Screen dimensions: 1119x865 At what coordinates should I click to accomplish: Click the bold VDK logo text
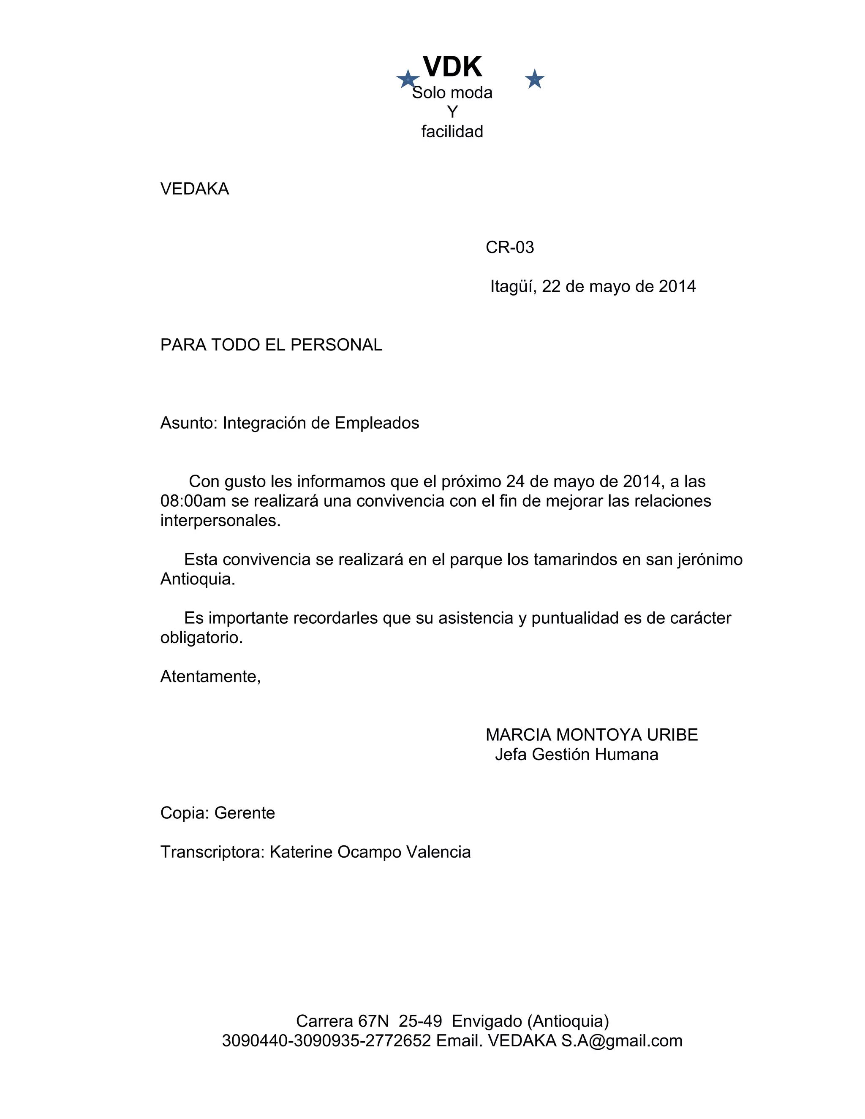[x=452, y=67]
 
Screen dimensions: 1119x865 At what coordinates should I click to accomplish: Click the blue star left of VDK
[x=408, y=79]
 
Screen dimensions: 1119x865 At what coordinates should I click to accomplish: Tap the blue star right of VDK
[x=534, y=79]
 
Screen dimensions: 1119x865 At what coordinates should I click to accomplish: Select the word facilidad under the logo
[x=452, y=132]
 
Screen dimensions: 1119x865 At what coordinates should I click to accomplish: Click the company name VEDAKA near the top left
[x=194, y=189]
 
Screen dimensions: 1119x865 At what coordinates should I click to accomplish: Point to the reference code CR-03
[x=509, y=247]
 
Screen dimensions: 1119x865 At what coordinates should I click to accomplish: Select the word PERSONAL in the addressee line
[x=336, y=345]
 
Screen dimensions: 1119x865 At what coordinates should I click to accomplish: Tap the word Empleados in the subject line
[x=377, y=423]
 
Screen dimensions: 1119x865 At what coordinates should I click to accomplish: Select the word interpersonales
[x=220, y=521]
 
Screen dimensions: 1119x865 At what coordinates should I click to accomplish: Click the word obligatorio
[x=201, y=638]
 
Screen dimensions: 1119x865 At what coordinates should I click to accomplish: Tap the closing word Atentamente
[x=210, y=677]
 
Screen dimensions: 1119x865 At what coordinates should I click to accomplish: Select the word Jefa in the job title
[x=511, y=755]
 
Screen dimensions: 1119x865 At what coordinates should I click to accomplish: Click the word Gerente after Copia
[x=245, y=813]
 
